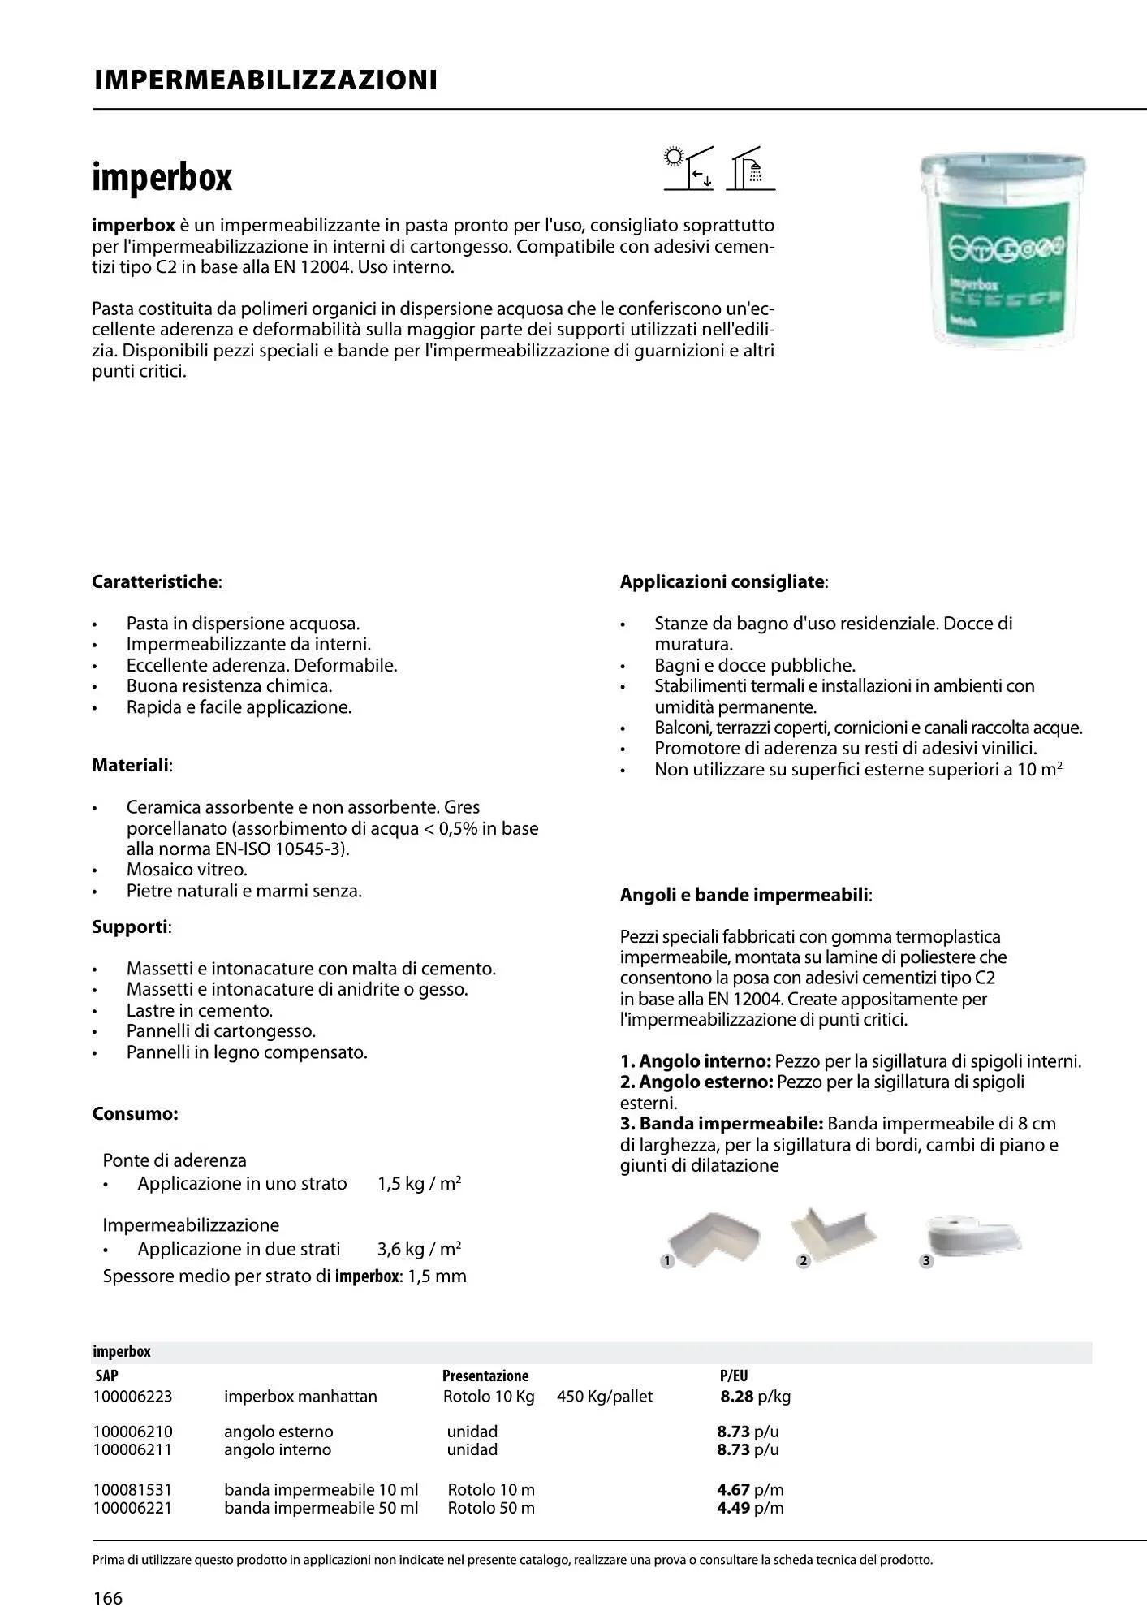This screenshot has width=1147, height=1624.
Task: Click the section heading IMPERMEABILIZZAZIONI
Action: pos(265,80)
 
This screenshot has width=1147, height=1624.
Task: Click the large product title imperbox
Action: pos(162,178)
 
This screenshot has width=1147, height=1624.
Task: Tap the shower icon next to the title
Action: pos(751,169)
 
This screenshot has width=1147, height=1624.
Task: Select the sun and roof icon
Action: pos(688,168)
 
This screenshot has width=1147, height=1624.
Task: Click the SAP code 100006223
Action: pos(132,1397)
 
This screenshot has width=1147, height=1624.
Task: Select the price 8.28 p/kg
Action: pos(755,1397)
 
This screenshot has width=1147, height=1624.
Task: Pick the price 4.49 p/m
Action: pos(750,1508)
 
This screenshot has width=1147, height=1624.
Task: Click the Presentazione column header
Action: pos(485,1376)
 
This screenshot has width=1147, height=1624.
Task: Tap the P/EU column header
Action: pos(733,1376)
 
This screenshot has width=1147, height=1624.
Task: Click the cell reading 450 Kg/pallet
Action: pos(605,1397)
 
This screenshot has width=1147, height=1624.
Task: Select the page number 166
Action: pos(107,1599)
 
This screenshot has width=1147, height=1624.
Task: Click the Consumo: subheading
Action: pos(135,1114)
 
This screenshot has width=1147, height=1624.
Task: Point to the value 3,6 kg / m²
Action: pos(419,1249)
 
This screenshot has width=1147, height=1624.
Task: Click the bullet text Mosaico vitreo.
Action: pos(187,870)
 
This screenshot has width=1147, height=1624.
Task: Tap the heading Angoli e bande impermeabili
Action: pos(745,896)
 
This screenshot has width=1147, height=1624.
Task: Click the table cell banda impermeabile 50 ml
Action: pos(321,1508)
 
